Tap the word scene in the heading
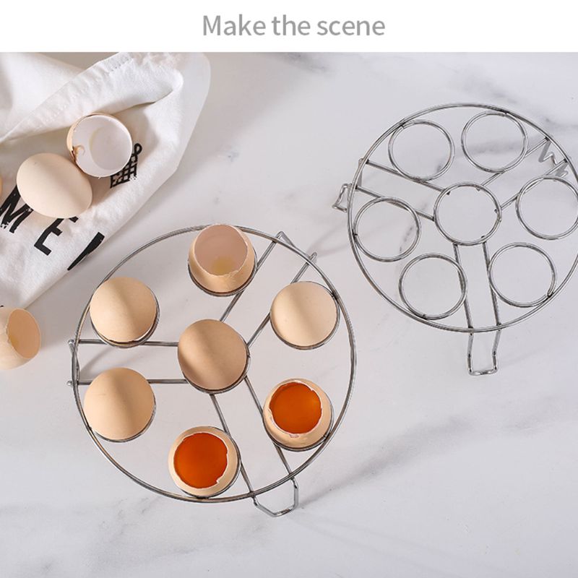[350, 26]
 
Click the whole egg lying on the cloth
[53, 185]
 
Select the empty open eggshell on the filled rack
[222, 259]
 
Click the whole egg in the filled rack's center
[213, 354]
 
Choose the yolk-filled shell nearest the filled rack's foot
[204, 460]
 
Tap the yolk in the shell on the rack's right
[297, 409]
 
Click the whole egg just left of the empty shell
[124, 310]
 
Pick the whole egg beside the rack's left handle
[118, 404]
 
